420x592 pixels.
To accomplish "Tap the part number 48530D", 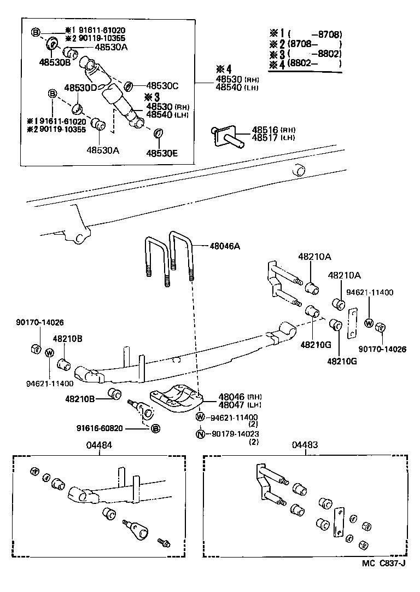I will point(80,88).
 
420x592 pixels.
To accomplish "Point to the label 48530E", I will point(162,153).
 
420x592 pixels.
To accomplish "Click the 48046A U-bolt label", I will point(225,246).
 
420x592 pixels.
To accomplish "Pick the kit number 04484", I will point(99,445).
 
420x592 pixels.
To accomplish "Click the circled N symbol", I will point(200,434).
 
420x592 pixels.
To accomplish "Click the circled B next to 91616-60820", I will point(155,428).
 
